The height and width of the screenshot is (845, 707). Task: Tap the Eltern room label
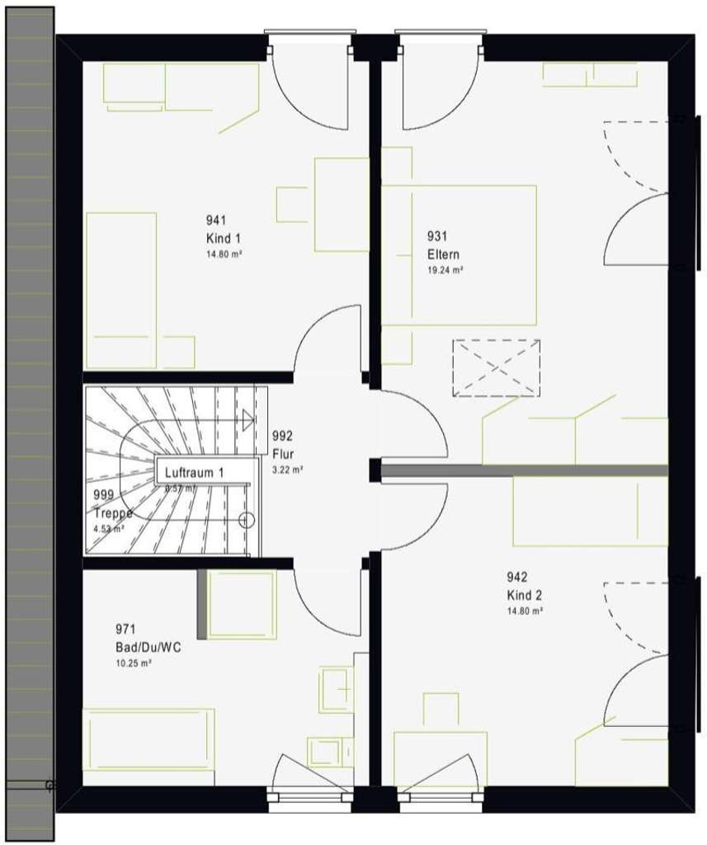(443, 254)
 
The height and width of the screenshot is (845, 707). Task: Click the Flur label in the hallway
(282, 453)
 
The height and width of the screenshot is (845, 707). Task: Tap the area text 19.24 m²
(445, 270)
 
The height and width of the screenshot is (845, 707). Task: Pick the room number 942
(516, 578)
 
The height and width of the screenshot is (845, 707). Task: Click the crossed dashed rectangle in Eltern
(497, 367)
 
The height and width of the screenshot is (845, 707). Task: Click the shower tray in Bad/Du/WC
(241, 604)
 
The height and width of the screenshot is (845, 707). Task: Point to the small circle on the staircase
(245, 520)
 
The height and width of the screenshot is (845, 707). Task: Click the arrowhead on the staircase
(247, 419)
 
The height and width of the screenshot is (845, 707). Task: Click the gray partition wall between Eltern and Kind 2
(524, 470)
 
